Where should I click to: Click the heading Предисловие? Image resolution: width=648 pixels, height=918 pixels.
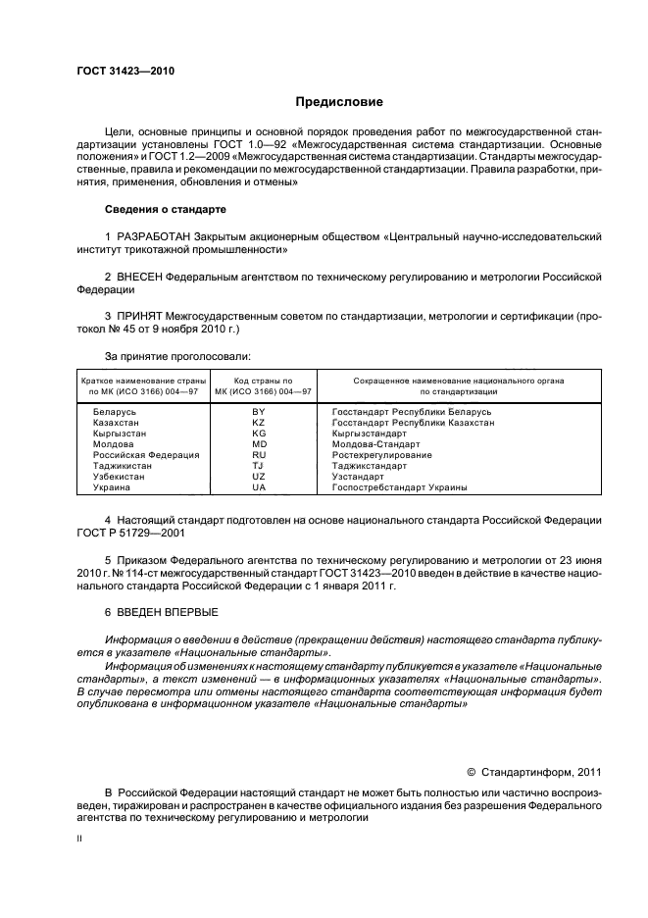click(339, 102)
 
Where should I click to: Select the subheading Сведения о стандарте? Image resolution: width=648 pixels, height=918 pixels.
click(165, 209)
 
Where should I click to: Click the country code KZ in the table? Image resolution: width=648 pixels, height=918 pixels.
click(259, 422)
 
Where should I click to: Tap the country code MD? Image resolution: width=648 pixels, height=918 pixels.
click(259, 443)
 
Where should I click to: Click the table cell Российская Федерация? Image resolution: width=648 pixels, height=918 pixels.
click(146, 455)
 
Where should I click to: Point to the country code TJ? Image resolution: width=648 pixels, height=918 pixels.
click(259, 466)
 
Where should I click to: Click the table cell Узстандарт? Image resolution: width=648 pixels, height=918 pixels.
click(358, 477)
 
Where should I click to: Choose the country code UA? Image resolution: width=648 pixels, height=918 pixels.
click(259, 487)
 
